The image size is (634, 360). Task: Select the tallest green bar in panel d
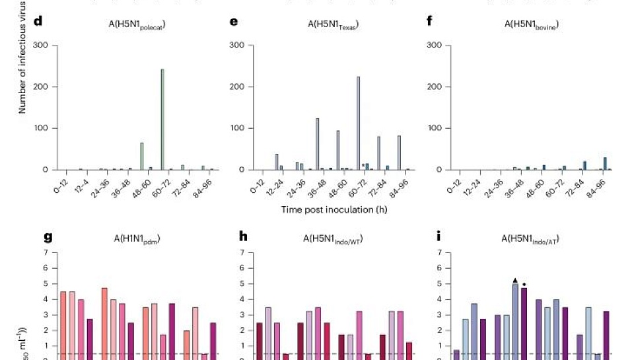(162, 119)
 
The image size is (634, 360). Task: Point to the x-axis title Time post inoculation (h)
(334, 210)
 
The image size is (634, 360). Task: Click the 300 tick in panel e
(238, 45)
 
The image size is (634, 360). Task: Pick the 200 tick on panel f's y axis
(434, 87)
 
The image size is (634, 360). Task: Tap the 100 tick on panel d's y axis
(40, 128)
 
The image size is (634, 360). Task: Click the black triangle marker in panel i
(515, 279)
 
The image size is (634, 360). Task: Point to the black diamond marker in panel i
(524, 285)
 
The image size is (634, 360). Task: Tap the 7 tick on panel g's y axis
(46, 252)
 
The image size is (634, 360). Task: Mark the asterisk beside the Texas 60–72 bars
(363, 166)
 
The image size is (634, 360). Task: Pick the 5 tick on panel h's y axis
(244, 283)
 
